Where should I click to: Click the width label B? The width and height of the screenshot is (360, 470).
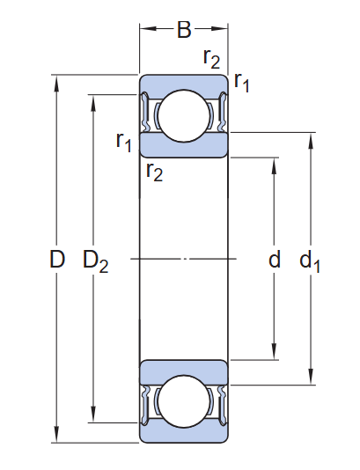coord(183,31)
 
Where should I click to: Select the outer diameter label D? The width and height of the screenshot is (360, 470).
coord(56,260)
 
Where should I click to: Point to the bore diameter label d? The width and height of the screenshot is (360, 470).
coord(275,260)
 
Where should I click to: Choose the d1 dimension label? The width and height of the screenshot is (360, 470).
coord(310,261)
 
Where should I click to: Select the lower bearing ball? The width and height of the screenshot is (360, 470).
coord(183,400)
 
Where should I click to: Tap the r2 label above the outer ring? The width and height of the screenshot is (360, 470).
coord(211,60)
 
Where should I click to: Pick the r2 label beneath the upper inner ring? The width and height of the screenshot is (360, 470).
coord(154,171)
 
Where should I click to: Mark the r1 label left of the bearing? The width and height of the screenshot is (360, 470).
coord(124,140)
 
